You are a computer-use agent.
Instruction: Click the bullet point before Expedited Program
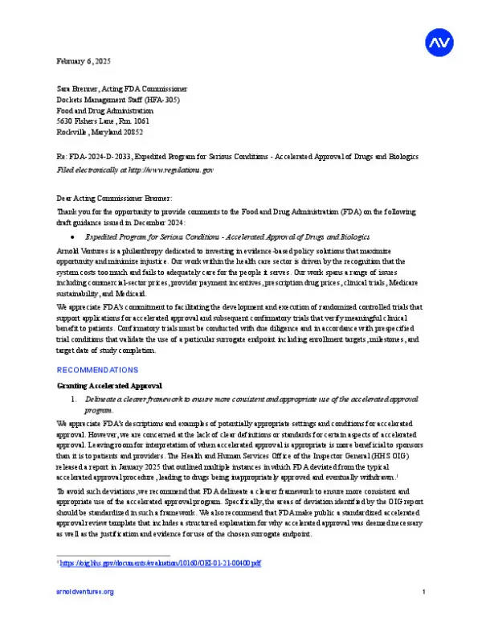(x=73, y=237)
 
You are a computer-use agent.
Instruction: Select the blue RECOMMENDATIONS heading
(x=97, y=370)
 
